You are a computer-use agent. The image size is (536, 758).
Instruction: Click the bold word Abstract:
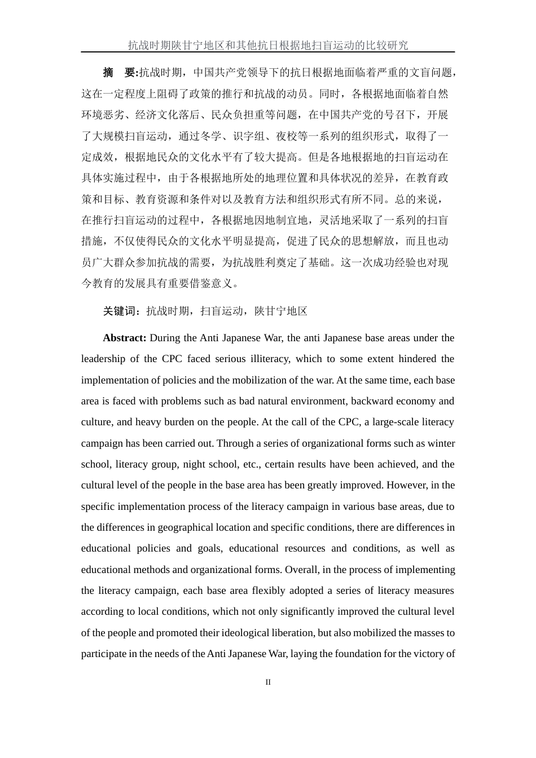(125, 338)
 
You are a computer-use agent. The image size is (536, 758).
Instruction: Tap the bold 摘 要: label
(120, 73)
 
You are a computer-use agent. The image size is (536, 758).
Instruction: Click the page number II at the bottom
(268, 682)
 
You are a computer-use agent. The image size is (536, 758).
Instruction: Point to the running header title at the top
(267, 45)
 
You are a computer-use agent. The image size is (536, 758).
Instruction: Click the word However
(406, 485)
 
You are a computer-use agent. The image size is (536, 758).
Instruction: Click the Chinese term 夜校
(287, 136)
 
